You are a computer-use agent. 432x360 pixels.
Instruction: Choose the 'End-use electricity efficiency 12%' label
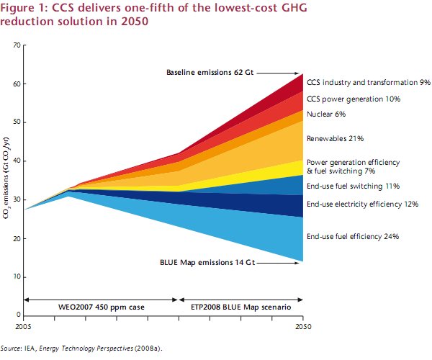pyautogui.click(x=362, y=204)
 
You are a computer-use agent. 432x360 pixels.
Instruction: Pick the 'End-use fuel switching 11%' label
pyautogui.click(x=353, y=185)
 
